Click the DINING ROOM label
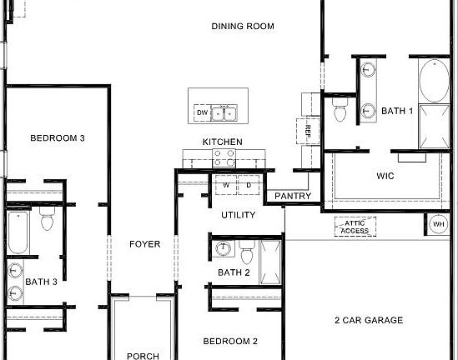242,26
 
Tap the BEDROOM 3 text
58,138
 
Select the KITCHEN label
222,142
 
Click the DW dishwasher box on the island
202,112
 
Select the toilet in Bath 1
339,110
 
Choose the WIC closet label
385,176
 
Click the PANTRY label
292,197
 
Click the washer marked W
224,185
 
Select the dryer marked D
248,185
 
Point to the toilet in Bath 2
245,250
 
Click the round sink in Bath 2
223,248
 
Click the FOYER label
143,244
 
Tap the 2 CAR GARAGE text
368,320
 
